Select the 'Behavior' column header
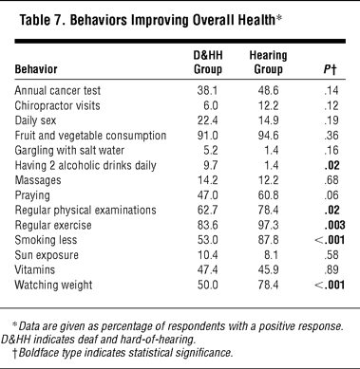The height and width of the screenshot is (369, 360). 36,69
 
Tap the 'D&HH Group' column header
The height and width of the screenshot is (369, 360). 208,63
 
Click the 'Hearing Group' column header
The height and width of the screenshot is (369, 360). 268,63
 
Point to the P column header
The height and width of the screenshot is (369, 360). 330,69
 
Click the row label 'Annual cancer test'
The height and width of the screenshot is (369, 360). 58,90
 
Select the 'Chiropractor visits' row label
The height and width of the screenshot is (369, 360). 57,105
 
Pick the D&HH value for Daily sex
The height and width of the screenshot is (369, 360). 207,120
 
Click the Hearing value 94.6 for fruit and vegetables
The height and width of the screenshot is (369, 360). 268,136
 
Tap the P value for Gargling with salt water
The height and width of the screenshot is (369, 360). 332,150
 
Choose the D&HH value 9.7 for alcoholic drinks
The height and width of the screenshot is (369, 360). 211,165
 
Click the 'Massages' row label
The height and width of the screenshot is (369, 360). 38,180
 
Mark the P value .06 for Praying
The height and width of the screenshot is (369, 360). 332,195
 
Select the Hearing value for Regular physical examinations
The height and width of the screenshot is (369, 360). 268,210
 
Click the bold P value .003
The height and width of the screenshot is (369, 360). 334,225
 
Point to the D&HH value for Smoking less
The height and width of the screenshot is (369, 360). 207,240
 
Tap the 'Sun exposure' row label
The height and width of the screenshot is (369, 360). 47,255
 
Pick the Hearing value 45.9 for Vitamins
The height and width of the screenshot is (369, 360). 268,269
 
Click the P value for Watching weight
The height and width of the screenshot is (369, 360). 330,285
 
